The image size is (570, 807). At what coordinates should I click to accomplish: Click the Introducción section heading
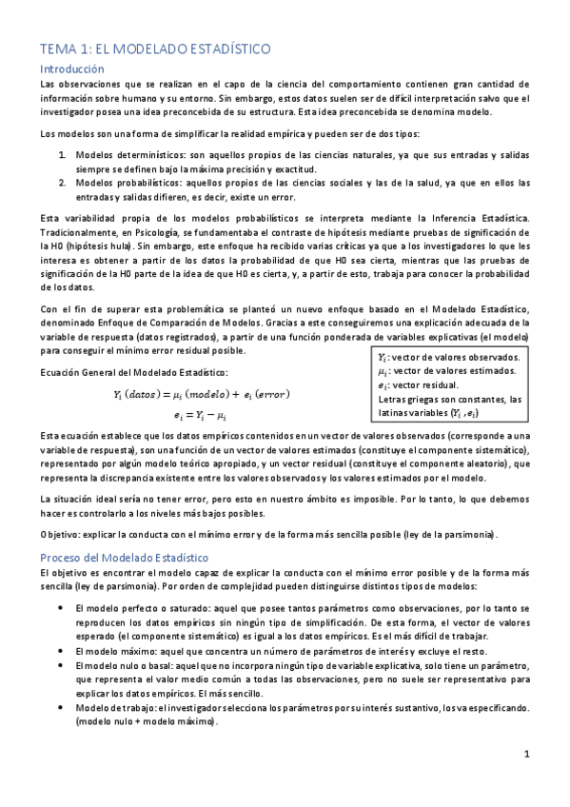pyautogui.click(x=71, y=69)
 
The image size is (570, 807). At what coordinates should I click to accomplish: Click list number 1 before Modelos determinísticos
pyautogui.click(x=62, y=154)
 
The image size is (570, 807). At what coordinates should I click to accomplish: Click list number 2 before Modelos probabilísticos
pyautogui.click(x=62, y=182)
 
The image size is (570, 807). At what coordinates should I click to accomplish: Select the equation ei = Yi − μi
pyautogui.click(x=200, y=415)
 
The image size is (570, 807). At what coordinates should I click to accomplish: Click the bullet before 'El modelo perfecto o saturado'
pyautogui.click(x=62, y=607)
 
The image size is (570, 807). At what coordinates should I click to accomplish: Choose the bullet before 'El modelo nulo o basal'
pyautogui.click(x=62, y=665)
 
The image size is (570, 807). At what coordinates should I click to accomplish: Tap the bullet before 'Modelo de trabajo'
pyautogui.click(x=62, y=708)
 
